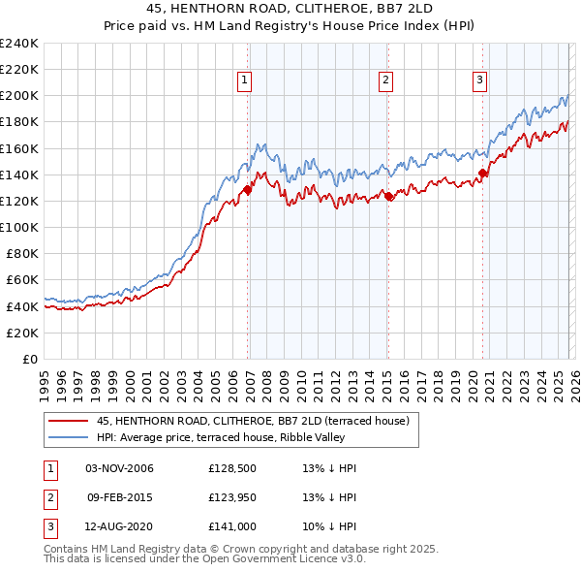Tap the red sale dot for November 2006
tap(248, 190)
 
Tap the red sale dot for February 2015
tap(388, 196)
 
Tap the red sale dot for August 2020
tap(482, 174)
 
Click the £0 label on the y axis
tap(29, 359)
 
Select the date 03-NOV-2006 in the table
tap(119, 468)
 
